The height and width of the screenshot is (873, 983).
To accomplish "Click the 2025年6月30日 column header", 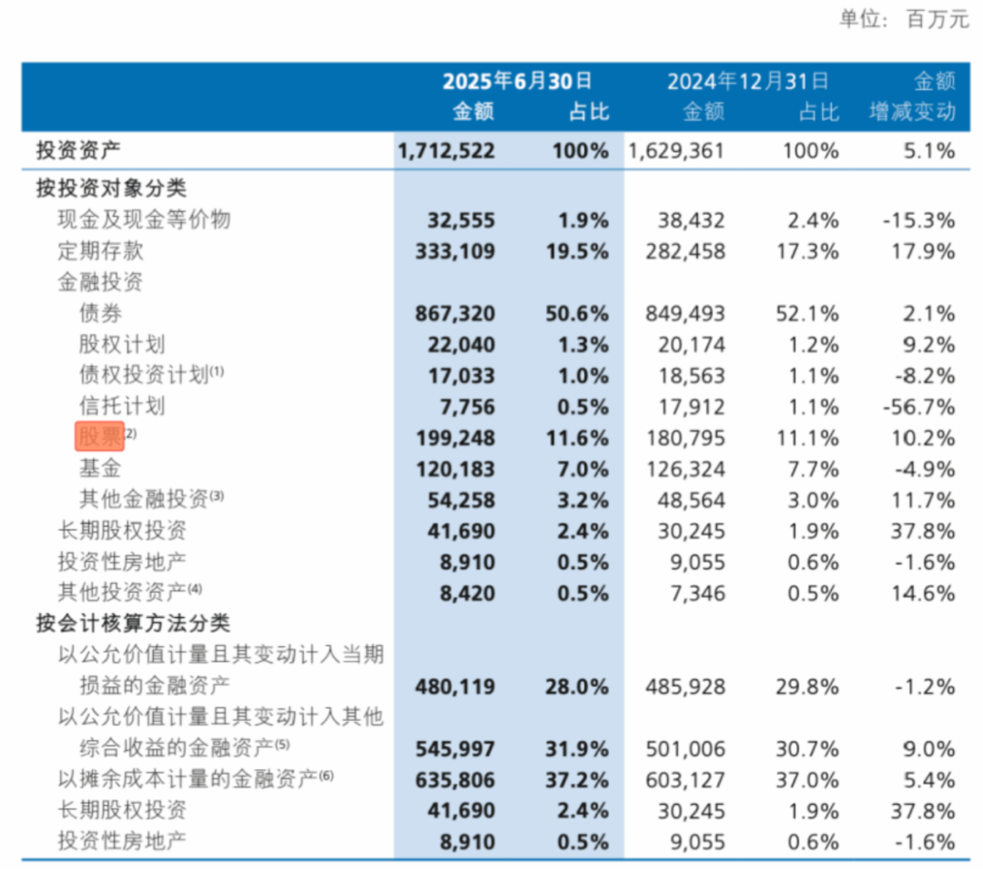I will (x=517, y=82).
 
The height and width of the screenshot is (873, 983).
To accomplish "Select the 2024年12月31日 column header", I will (x=748, y=82).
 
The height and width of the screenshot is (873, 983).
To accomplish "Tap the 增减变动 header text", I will (x=912, y=112).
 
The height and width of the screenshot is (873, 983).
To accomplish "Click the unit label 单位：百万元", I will (x=904, y=19).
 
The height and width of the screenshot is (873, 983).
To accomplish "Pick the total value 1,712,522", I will (x=446, y=151).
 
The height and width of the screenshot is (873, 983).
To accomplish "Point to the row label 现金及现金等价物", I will (x=144, y=219).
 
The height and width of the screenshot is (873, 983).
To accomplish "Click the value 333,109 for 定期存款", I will (x=461, y=250).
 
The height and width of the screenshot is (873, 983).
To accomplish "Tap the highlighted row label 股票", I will (x=99, y=438).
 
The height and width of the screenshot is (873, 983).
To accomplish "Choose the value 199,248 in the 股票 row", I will (x=461, y=438).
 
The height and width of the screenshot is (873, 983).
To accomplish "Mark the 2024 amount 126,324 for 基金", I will (x=692, y=469).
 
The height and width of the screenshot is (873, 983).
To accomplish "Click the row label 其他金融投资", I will (x=143, y=499).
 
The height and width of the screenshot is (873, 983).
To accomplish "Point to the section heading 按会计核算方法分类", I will (x=133, y=624).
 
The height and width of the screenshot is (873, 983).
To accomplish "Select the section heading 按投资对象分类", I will (x=111, y=188).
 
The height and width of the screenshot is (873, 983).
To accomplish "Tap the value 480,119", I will (x=461, y=686).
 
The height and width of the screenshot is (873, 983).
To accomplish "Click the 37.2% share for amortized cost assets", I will (x=580, y=780).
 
